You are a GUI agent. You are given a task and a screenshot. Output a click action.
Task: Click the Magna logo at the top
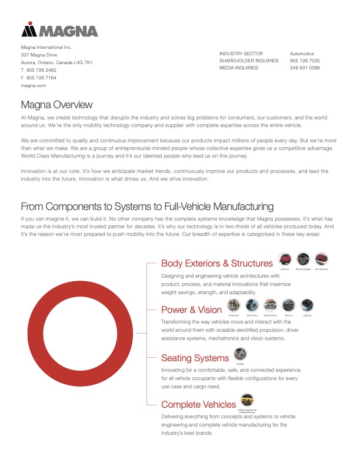click(x=59, y=30)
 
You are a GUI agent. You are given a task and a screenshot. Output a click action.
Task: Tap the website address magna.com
click(x=34, y=85)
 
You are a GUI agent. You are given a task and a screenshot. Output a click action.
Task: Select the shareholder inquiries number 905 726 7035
click(x=305, y=61)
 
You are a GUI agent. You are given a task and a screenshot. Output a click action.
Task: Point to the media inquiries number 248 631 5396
click(x=305, y=68)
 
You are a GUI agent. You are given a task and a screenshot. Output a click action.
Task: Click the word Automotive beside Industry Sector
click(x=302, y=54)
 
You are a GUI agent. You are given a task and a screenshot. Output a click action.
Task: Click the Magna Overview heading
click(x=56, y=105)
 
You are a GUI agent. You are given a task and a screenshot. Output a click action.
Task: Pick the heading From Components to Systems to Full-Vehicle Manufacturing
click(x=147, y=207)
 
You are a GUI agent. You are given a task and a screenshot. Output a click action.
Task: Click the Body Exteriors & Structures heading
click(x=217, y=263)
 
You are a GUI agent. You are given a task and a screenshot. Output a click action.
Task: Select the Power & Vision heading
click(x=191, y=309)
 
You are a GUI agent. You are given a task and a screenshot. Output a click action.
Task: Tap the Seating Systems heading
click(x=195, y=358)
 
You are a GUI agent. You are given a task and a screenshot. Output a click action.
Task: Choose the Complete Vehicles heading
click(x=198, y=404)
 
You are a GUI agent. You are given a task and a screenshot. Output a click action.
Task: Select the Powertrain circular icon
click(x=234, y=305)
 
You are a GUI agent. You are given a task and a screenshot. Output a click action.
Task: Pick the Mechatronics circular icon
click(x=270, y=305)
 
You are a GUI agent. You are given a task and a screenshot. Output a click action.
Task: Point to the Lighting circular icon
click(x=307, y=305)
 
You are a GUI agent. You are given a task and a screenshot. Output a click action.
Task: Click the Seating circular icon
click(x=240, y=353)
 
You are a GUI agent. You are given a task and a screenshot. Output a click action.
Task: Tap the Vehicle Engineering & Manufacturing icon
click(x=248, y=400)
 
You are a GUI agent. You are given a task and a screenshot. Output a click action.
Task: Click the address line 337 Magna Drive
click(x=39, y=55)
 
